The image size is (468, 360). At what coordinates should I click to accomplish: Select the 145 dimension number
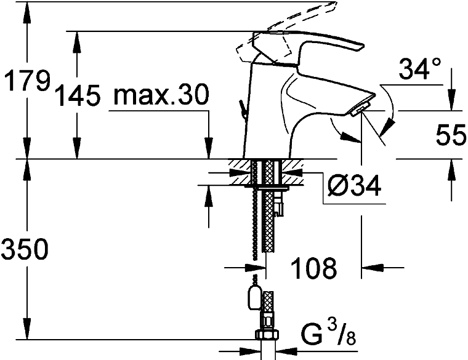point(78,95)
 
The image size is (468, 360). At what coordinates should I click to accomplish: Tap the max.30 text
point(161,94)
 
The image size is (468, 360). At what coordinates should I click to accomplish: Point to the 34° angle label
point(420,68)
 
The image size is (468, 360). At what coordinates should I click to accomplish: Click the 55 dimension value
point(451,135)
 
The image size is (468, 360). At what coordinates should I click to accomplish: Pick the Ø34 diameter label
point(354,185)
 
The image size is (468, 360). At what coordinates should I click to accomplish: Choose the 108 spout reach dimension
point(313,268)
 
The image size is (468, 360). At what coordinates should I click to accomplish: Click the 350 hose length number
point(25,249)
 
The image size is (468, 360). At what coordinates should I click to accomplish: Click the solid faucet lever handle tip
point(361,46)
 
